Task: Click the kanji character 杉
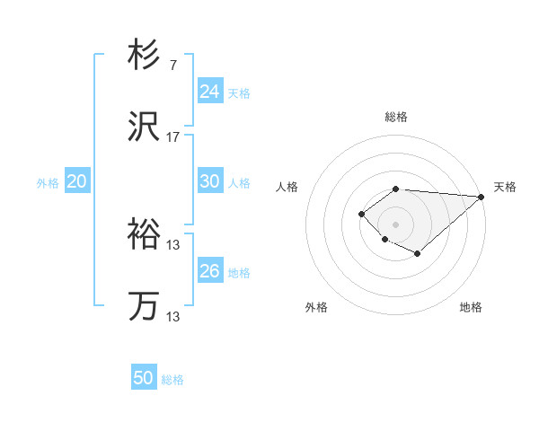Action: pyautogui.click(x=144, y=56)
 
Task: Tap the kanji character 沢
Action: pyautogui.click(x=144, y=128)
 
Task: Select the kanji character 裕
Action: pyautogui.click(x=144, y=236)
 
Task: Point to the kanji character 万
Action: pyautogui.click(x=144, y=306)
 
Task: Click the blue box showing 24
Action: pyautogui.click(x=210, y=92)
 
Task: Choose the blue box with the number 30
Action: pyautogui.click(x=210, y=181)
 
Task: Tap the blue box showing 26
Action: pyautogui.click(x=210, y=271)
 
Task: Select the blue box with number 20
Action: pyautogui.click(x=77, y=181)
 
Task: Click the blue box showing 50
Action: pyautogui.click(x=144, y=378)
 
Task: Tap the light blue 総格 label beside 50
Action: pyautogui.click(x=172, y=380)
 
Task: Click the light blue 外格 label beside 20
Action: pyautogui.click(x=48, y=183)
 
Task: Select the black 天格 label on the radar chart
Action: pyautogui.click(x=505, y=187)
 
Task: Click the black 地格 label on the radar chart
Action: pyautogui.click(x=471, y=307)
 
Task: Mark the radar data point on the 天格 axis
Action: pyautogui.click(x=482, y=196)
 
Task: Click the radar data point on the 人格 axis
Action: pyautogui.click(x=361, y=213)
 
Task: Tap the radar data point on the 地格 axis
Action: pyautogui.click(x=418, y=254)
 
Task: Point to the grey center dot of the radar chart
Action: pyautogui.click(x=395, y=224)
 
